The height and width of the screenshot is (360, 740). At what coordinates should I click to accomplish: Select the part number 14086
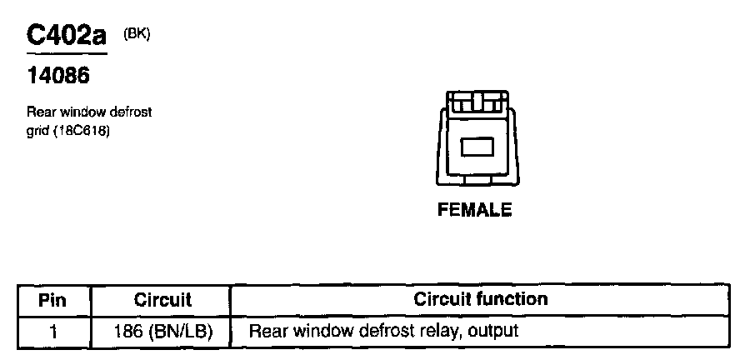click(58, 77)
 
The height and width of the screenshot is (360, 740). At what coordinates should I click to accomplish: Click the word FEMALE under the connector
click(475, 210)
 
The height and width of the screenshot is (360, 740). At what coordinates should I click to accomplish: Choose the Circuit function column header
click(481, 299)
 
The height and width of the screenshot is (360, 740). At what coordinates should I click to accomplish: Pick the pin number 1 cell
click(53, 331)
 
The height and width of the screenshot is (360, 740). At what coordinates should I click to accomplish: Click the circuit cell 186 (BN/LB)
click(162, 331)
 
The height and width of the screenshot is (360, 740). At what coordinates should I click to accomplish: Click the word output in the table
click(493, 331)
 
